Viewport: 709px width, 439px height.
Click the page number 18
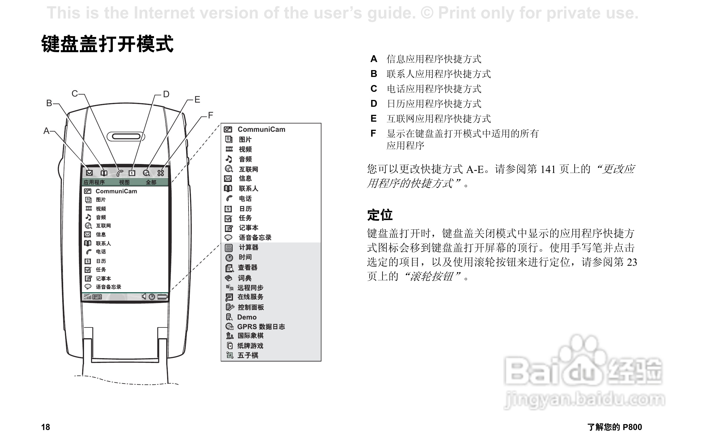point(46,427)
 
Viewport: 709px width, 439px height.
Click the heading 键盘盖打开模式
point(107,44)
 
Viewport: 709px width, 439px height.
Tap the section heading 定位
point(380,215)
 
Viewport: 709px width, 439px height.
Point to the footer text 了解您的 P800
point(615,427)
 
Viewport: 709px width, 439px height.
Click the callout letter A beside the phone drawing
point(46,131)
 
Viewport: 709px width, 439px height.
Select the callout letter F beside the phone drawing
point(211,115)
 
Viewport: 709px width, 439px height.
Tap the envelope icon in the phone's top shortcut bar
point(89,173)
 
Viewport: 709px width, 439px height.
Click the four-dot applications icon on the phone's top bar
point(161,173)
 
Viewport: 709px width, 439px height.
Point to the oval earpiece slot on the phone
point(126,137)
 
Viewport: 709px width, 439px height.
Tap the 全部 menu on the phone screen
point(151,182)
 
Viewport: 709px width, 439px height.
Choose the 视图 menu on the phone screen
point(125,182)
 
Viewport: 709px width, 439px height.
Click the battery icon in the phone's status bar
point(163,297)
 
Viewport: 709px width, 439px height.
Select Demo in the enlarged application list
point(247,317)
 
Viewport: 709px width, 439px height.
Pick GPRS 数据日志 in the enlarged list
point(261,327)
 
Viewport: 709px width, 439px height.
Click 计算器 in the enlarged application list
point(248,247)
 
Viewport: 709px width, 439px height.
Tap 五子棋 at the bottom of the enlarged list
point(248,355)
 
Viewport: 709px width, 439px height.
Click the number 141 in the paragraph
point(548,169)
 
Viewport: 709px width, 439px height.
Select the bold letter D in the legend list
point(374,104)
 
